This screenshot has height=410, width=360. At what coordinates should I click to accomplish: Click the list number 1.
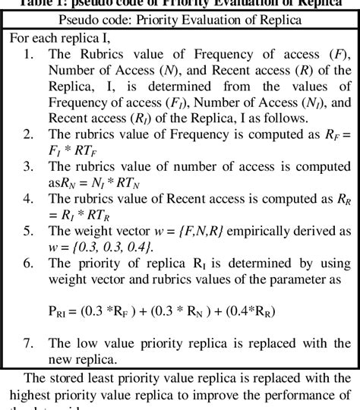click(28, 54)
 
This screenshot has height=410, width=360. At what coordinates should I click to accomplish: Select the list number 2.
click(28, 134)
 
